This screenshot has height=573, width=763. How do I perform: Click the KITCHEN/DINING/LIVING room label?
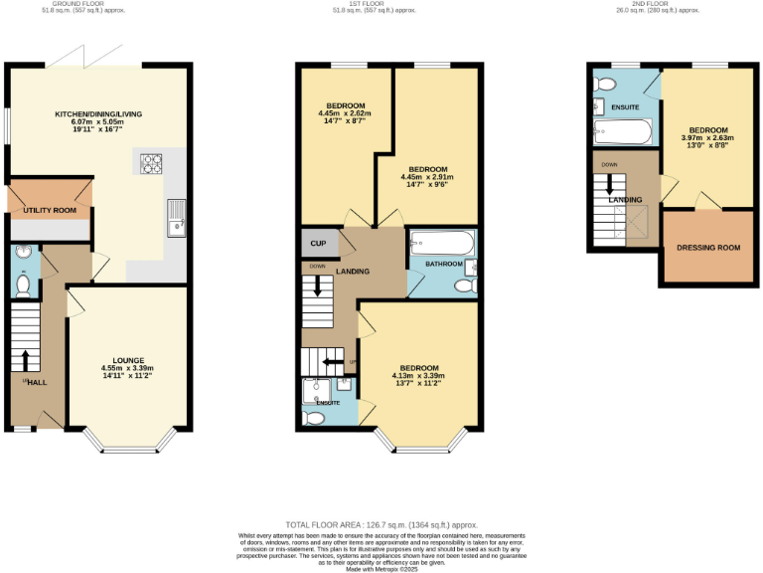[x=98, y=114]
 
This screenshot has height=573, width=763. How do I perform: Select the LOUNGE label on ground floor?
[x=129, y=359]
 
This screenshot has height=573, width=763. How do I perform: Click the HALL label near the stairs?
[x=37, y=381]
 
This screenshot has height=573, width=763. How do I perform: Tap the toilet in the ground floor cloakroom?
[x=23, y=283]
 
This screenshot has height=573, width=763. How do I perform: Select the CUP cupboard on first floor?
[x=318, y=243]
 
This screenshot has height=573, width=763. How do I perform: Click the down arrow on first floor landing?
[x=318, y=286]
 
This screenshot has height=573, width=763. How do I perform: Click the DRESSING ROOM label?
[x=707, y=247]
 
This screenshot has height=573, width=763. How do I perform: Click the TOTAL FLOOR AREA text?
[x=381, y=524]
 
